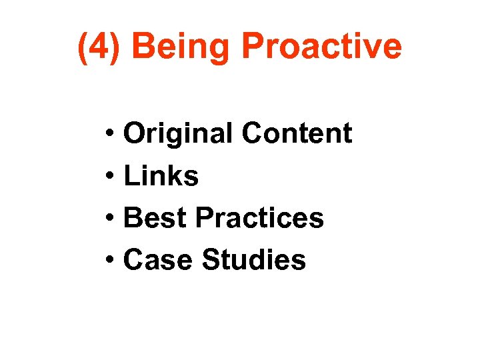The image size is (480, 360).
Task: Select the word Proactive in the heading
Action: [321, 47]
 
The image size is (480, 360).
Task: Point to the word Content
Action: [296, 133]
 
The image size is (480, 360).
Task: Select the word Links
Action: [161, 176]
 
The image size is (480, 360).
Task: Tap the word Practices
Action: [259, 218]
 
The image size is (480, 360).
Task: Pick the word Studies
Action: [253, 260]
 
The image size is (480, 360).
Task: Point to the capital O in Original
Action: [136, 134]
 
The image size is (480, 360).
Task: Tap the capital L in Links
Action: [131, 176]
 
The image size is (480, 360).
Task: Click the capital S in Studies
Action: [211, 260]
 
